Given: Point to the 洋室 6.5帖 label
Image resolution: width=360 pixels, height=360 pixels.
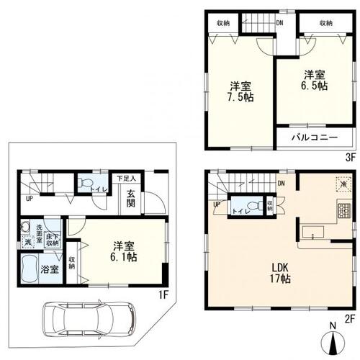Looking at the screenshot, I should click(312, 80).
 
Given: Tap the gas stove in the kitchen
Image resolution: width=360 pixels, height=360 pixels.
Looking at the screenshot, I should click(342, 212).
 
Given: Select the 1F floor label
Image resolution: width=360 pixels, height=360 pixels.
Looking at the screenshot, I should click(163, 294).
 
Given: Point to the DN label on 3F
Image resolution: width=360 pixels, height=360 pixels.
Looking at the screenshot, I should click(279, 22).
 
